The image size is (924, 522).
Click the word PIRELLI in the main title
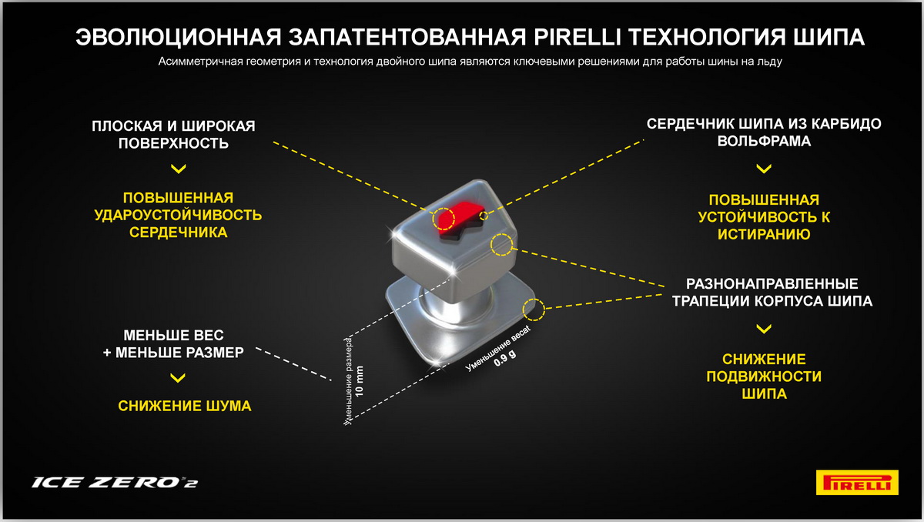point(577,37)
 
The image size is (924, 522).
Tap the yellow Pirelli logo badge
point(857,482)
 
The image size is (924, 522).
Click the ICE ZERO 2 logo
point(115,483)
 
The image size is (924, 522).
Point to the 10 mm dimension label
point(360,381)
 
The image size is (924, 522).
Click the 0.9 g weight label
point(504,358)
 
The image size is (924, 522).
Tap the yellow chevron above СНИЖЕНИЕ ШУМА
point(178,378)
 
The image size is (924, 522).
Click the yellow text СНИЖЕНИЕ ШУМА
point(184,407)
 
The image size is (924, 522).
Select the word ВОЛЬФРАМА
point(764,141)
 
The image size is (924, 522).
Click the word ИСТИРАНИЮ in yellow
point(764,234)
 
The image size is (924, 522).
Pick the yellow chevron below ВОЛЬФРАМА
point(764,169)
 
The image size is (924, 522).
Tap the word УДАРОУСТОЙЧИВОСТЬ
point(178,216)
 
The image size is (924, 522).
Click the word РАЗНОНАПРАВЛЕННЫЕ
point(772,283)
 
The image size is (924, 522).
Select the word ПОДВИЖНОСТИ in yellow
point(764,376)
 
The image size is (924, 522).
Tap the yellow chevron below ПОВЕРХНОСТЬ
point(178,169)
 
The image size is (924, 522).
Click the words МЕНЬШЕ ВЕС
point(174,335)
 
